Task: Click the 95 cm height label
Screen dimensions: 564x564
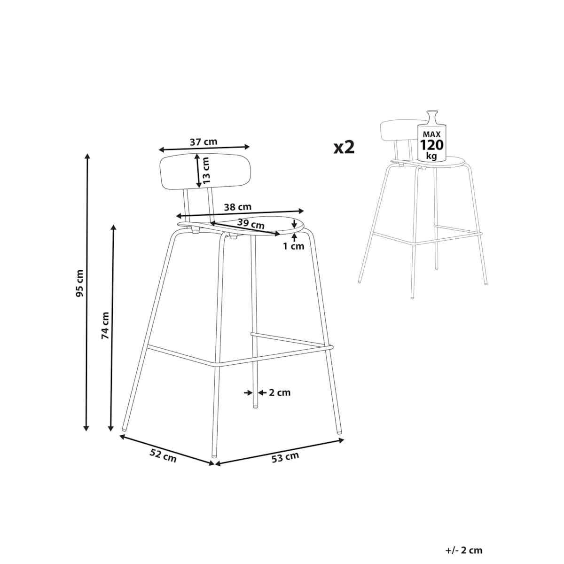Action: click(79, 283)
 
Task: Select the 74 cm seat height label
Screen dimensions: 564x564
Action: click(105, 326)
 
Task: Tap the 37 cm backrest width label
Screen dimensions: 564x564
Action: click(204, 142)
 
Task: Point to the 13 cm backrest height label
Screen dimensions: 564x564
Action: click(206, 170)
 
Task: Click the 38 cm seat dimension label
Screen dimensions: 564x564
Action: click(238, 207)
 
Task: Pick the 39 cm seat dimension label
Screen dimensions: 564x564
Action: click(251, 224)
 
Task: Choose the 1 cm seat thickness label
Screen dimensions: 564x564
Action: click(293, 246)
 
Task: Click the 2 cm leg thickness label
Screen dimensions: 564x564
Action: click(280, 392)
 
